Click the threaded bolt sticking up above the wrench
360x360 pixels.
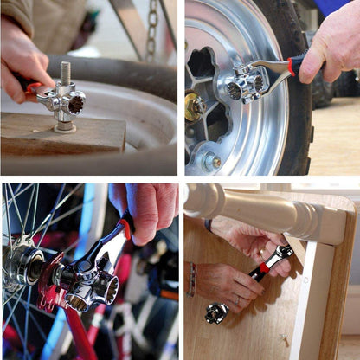tap(65, 73)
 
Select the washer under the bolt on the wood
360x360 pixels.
tap(65, 127)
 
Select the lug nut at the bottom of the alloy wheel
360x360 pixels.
tap(210, 161)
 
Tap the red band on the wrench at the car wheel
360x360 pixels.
tap(292, 65)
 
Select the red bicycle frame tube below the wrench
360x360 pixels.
tap(78, 337)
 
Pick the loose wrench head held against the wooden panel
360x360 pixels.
tap(215, 312)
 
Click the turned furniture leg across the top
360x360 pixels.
tap(260, 208)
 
